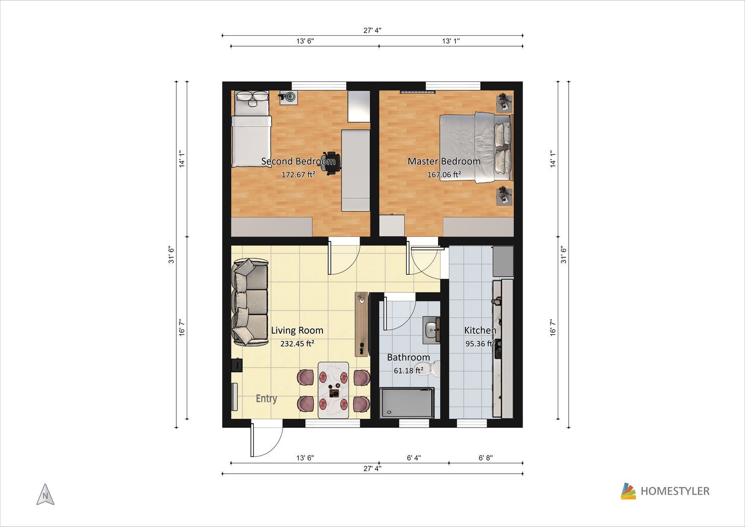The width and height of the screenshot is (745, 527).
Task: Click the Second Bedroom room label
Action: pyautogui.click(x=298, y=161)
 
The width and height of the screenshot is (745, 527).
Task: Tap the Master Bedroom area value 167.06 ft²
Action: pyautogui.click(x=444, y=174)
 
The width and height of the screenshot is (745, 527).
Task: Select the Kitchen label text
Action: pyautogui.click(x=480, y=330)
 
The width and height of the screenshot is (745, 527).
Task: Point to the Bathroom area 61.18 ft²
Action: pyautogui.click(x=408, y=371)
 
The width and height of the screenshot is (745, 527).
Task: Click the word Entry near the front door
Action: pyautogui.click(x=266, y=398)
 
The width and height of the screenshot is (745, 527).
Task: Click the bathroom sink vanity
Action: pyautogui.click(x=432, y=330)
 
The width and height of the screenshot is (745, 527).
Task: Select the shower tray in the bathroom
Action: pyautogui.click(x=407, y=403)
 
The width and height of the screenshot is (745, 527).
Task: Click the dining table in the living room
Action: pyautogui.click(x=334, y=390)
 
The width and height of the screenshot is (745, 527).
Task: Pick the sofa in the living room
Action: pyautogui.click(x=249, y=302)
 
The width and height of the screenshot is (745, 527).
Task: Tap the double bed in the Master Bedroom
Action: pyautogui.click(x=476, y=148)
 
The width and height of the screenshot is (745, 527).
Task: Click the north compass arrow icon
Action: pyautogui.click(x=45, y=494)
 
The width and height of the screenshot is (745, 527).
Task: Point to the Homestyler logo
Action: pyautogui.click(x=665, y=491)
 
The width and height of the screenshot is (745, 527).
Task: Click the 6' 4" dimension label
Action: pyautogui.click(x=414, y=458)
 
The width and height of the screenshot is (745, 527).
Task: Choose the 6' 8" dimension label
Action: pyautogui.click(x=486, y=458)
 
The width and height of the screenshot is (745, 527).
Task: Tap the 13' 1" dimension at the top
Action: pyautogui.click(x=451, y=41)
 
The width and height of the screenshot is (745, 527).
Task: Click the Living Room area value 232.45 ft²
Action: pyautogui.click(x=298, y=343)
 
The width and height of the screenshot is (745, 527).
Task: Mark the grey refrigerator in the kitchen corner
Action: pyautogui.click(x=503, y=261)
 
